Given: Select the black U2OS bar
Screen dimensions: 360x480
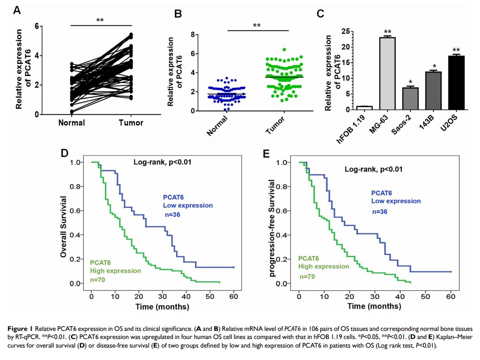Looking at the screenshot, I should (x=456, y=82).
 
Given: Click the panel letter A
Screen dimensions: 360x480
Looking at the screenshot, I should (x=17, y=10).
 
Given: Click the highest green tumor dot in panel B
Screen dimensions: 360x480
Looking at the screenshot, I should (x=284, y=50).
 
